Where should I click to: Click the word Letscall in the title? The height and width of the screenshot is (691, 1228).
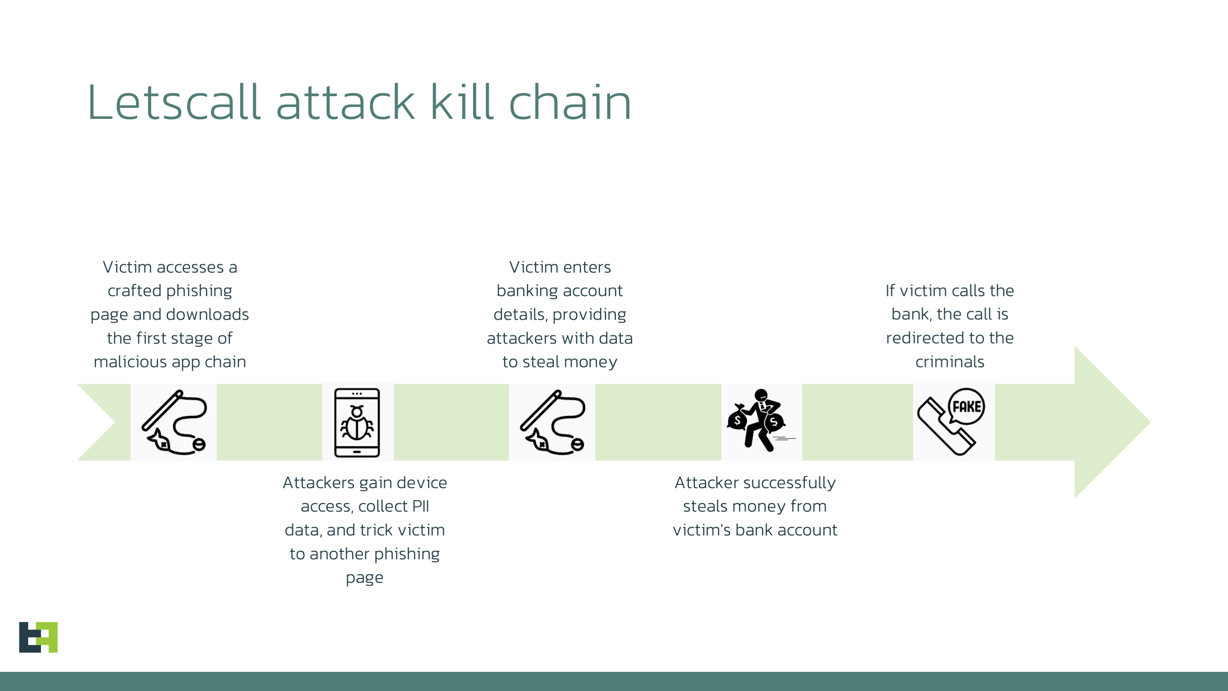coord(174,103)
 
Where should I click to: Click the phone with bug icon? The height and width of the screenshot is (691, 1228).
coord(357,423)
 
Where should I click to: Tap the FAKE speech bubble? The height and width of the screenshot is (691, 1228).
coord(966,406)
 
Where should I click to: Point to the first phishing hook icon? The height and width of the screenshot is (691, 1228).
coord(174,423)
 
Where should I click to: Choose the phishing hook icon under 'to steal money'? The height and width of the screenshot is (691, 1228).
coord(552,423)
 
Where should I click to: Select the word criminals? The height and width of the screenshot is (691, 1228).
coord(950,362)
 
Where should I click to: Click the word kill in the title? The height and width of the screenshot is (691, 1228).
coord(461,103)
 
